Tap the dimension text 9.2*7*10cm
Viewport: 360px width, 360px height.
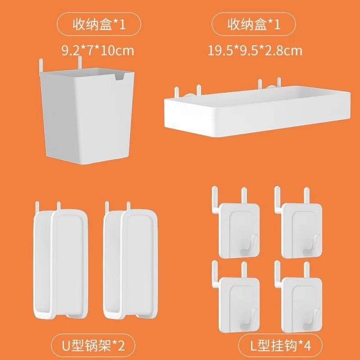coord(98,50)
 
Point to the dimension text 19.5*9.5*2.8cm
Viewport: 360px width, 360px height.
coord(255,50)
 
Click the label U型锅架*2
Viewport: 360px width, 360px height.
coord(93,346)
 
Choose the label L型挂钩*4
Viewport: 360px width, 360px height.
coord(280,346)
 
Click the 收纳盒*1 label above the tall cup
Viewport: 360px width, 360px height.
coord(99,24)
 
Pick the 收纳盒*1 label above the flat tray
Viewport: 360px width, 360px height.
coord(254,24)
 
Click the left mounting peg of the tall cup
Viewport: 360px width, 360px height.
coord(41,65)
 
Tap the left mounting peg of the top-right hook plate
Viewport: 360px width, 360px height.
coord(277,200)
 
